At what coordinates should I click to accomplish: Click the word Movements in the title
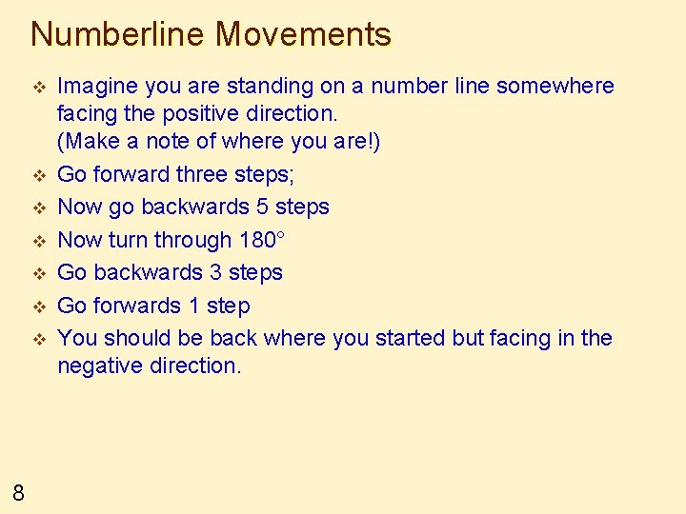pyautogui.click(x=303, y=34)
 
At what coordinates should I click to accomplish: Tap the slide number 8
pyautogui.click(x=19, y=492)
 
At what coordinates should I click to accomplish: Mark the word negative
pyautogui.click(x=97, y=366)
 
